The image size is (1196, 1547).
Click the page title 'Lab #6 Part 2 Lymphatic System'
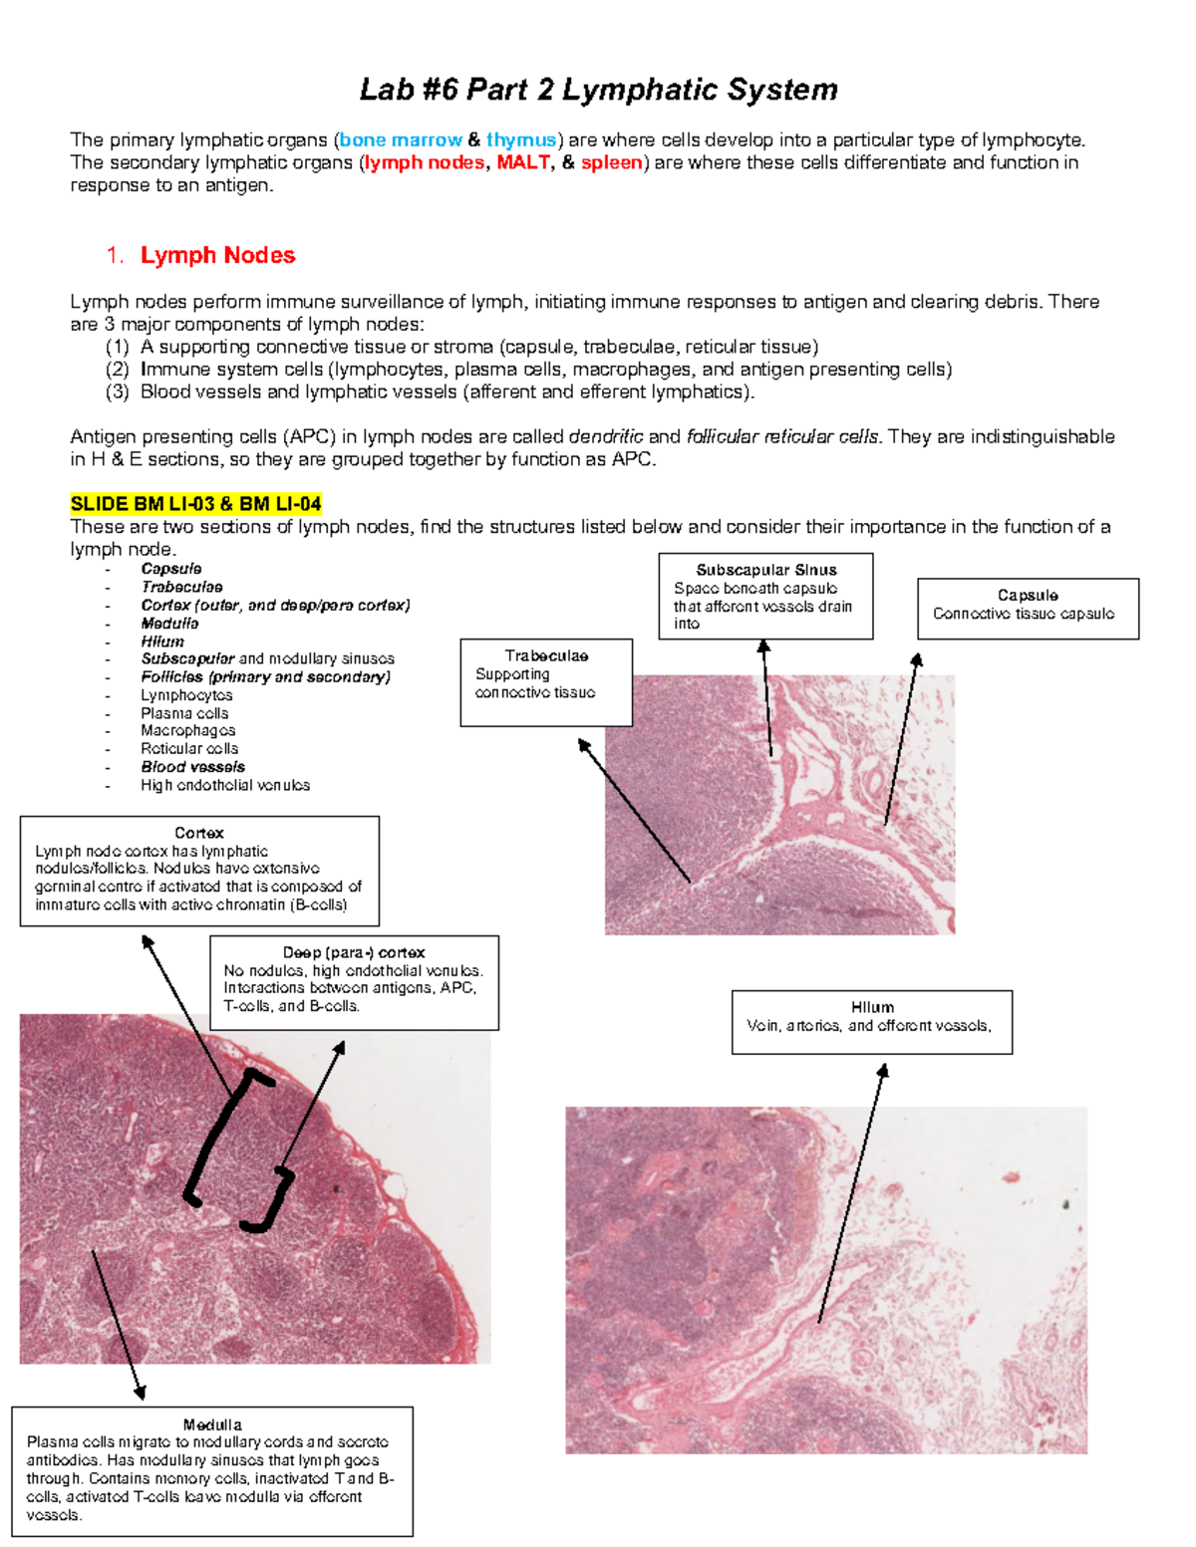598,90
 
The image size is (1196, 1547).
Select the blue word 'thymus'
520,140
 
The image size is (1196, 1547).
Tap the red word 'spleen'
612,162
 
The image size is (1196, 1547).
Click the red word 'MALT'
523,162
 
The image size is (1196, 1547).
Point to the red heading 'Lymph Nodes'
217,255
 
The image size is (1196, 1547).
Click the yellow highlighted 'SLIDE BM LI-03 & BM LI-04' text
196,504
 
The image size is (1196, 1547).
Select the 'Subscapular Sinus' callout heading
765,570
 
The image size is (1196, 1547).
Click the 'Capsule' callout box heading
1028,595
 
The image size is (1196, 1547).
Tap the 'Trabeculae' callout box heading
546,655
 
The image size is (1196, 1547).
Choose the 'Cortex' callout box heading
199,833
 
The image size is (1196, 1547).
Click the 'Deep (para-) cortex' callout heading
354,952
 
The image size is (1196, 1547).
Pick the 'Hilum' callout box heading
872,1007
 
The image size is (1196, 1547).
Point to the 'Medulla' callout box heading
212,1424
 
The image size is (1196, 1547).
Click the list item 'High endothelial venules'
225,785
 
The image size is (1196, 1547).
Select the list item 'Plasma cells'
184,713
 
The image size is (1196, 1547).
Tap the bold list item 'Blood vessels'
192,767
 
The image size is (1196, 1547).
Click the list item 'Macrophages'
187,730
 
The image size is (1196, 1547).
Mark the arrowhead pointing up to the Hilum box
883,1070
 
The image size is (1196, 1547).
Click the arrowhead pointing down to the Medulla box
141,1394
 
